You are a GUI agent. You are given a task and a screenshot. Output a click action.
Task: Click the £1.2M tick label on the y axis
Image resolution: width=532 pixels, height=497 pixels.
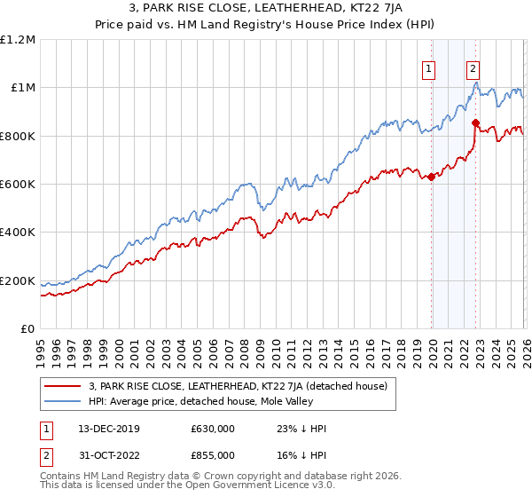coord(18,40)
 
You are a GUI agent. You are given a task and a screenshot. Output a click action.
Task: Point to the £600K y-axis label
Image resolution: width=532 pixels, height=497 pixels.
coord(18,185)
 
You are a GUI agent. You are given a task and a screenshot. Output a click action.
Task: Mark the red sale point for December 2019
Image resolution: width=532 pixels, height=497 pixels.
coord(432,177)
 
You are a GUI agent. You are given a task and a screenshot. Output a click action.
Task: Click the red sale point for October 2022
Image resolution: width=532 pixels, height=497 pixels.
coord(476,123)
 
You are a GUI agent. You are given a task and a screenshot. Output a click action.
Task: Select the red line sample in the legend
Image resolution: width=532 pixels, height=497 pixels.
coord(63,386)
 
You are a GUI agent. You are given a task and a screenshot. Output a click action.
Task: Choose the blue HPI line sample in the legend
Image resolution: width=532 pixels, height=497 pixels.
coord(63,402)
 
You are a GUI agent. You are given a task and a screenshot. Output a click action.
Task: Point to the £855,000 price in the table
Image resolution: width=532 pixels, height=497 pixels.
coord(212,454)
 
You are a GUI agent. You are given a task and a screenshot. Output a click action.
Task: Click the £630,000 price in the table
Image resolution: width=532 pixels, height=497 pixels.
coord(212,429)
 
